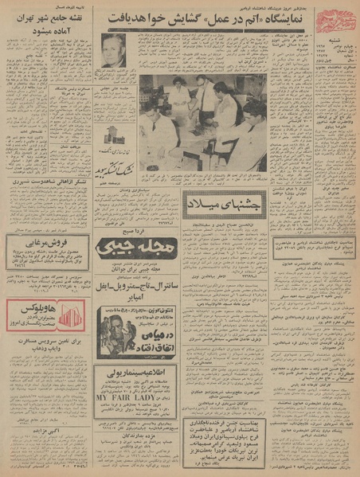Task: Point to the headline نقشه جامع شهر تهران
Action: coord(46,18)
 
